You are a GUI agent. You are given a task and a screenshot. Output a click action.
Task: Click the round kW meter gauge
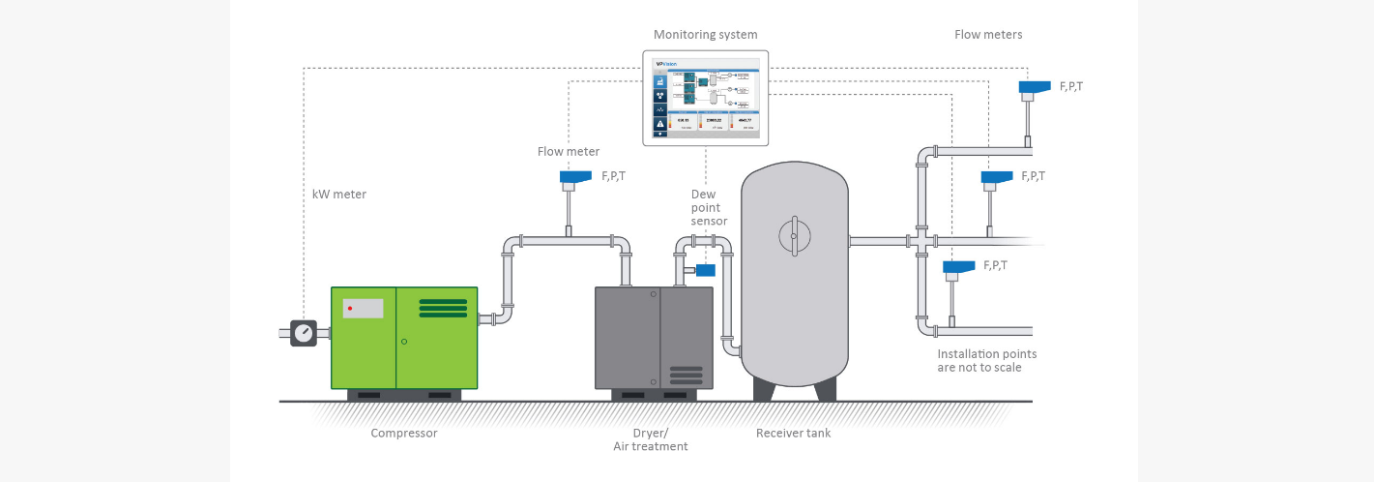(x=304, y=333)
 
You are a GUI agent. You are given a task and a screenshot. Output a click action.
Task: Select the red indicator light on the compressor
(x=349, y=308)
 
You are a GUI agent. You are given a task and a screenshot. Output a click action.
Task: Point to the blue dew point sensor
(x=705, y=270)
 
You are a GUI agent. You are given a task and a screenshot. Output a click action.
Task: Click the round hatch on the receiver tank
(x=793, y=235)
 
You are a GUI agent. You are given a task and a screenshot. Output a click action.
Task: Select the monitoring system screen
(x=706, y=98)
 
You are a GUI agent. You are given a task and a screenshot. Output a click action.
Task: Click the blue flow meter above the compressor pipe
(x=575, y=177)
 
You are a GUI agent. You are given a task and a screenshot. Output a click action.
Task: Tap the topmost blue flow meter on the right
(x=1035, y=87)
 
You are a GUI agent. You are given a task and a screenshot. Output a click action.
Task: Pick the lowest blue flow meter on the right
(x=958, y=266)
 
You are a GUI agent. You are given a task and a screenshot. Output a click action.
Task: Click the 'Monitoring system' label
(x=705, y=35)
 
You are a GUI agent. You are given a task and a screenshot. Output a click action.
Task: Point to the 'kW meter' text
(x=339, y=195)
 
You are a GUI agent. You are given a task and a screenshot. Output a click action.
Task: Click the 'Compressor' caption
(x=404, y=434)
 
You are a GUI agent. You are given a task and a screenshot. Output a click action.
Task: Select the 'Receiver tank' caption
(x=793, y=434)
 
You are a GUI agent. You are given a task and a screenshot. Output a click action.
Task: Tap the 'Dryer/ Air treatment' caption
(x=651, y=439)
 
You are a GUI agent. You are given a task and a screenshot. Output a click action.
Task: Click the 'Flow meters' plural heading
(x=988, y=35)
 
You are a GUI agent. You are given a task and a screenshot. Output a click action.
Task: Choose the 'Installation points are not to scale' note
(x=986, y=361)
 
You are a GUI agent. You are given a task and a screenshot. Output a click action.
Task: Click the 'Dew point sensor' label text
(x=709, y=207)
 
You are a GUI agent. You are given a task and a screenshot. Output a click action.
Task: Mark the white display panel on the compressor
(x=363, y=308)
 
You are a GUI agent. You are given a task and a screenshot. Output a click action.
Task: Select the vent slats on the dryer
(x=687, y=375)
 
